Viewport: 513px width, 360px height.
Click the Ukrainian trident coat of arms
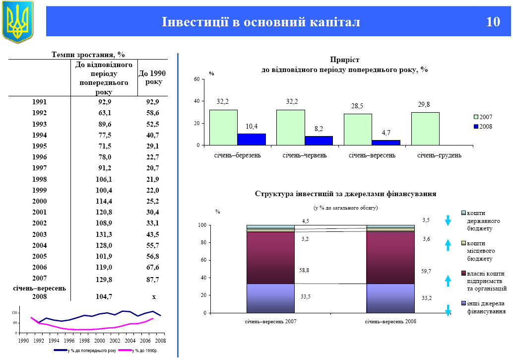(x=17, y=21)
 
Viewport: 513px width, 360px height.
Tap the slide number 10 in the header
(x=493, y=22)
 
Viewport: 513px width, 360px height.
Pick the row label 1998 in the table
(x=40, y=179)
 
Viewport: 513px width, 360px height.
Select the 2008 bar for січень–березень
(x=252, y=140)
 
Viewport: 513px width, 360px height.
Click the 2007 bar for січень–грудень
(x=425, y=129)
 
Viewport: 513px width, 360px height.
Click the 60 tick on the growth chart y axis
(x=196, y=79)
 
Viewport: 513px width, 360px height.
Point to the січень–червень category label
(x=305, y=155)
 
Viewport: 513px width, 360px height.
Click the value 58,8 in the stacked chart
(x=304, y=270)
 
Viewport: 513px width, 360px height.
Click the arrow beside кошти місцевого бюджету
(x=448, y=245)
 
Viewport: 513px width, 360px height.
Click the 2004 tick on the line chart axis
(x=130, y=341)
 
